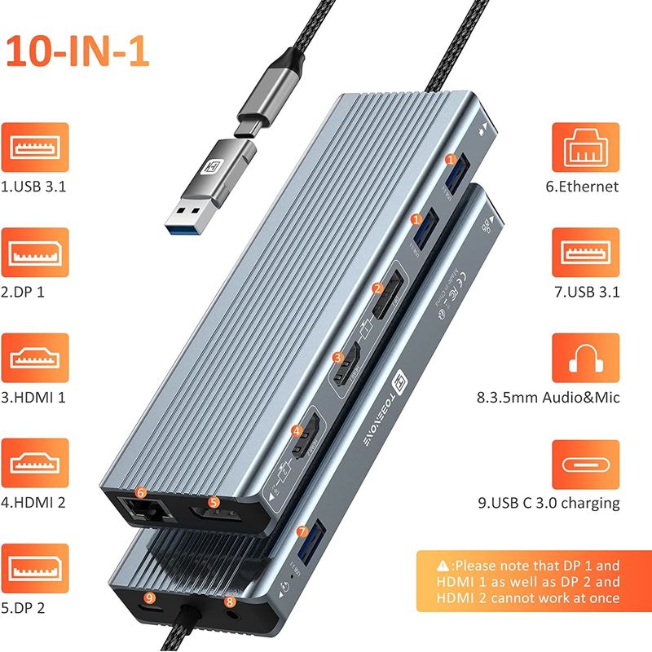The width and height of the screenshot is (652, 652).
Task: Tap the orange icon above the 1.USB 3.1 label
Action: point(35,148)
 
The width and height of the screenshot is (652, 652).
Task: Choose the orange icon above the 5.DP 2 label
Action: point(35,568)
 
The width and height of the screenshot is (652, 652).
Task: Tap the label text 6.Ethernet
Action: point(581,187)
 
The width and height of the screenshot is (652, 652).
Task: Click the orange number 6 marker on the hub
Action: point(141,492)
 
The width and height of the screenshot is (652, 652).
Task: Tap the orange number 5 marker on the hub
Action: point(214,503)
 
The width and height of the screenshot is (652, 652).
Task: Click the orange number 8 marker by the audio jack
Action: point(230,602)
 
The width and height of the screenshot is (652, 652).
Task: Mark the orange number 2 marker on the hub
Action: point(377,288)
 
